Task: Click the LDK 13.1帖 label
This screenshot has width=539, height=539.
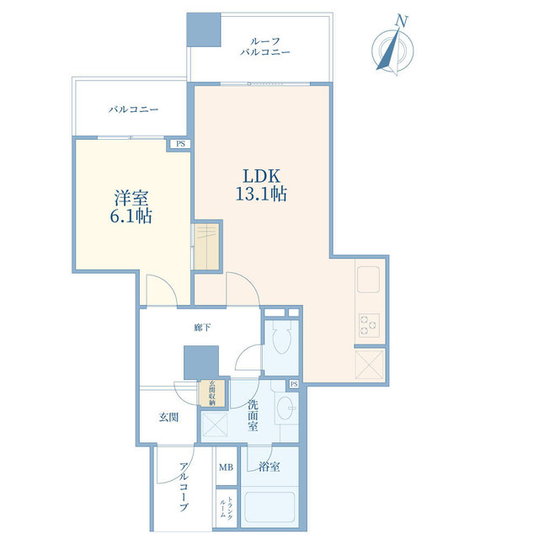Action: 261,184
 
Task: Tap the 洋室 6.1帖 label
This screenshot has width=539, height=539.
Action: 131,206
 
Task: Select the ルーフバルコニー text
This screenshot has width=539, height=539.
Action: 265,47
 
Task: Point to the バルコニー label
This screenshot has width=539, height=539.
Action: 134,109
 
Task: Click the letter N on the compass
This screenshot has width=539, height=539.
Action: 401,21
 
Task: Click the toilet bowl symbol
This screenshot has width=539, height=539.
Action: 281,338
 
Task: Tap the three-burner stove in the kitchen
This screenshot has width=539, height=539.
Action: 369,325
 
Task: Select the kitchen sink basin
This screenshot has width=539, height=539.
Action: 368,280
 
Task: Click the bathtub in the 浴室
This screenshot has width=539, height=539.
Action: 269,508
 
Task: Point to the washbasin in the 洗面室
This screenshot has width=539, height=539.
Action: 286,408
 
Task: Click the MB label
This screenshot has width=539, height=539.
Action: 227,467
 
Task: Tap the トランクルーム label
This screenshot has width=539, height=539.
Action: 227,507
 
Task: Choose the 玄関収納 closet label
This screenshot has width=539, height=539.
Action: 212,393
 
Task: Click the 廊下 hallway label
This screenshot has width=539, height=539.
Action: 202,328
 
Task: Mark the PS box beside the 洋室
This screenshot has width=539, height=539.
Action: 180,144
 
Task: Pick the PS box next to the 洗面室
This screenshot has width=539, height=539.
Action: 294,384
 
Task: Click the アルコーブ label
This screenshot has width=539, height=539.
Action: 184,487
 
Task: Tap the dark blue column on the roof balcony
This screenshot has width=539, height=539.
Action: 204,29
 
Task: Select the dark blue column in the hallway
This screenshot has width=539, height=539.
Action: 201,363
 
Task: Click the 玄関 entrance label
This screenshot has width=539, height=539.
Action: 168,418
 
